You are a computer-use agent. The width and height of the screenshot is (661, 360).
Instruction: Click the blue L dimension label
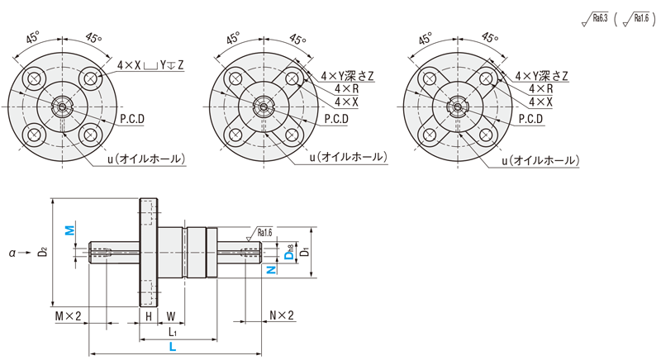(x=172, y=348)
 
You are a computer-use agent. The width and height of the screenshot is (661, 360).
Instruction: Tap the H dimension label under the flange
(x=148, y=316)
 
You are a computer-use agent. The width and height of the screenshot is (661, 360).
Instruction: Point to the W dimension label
(x=170, y=316)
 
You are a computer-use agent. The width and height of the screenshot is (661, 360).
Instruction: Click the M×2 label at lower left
(x=68, y=316)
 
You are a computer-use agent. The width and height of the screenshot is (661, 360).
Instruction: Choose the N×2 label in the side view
(x=282, y=316)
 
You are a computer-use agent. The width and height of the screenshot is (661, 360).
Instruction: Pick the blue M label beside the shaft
(x=70, y=229)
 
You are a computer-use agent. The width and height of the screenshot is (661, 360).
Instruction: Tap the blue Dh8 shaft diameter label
(x=288, y=253)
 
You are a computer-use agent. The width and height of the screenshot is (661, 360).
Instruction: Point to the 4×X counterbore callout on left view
(x=150, y=64)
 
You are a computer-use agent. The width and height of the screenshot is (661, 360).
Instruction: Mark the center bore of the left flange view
(x=60, y=106)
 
